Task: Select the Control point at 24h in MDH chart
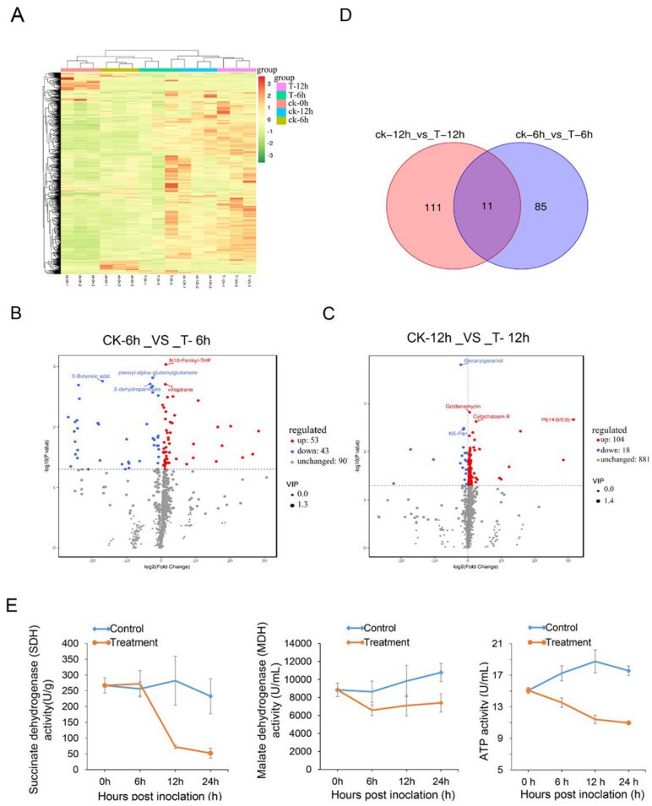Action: [x=415, y=672]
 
